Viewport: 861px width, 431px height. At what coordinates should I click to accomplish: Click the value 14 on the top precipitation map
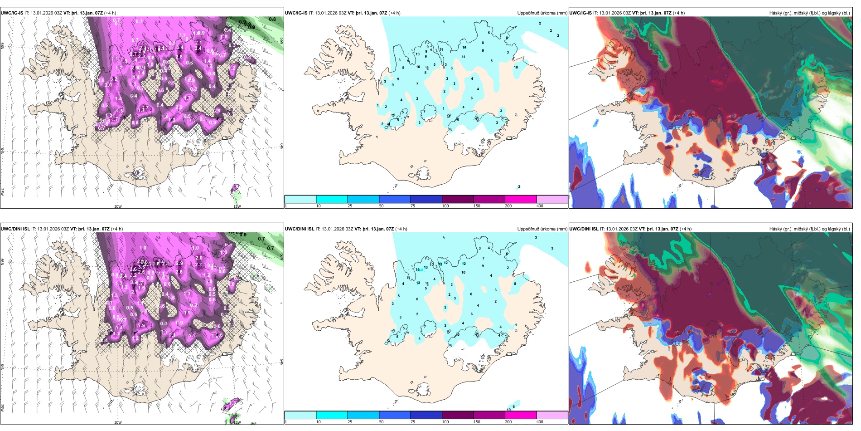pos(464,47)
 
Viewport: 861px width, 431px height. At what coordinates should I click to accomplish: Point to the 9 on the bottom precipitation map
pos(483,266)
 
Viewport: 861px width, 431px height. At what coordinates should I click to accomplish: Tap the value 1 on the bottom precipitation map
pos(516,325)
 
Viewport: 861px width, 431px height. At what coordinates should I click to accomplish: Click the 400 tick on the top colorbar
pos(540,206)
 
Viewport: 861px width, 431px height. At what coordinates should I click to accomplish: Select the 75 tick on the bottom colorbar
pos(413,422)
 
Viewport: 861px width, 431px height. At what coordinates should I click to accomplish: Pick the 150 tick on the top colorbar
pos(477,206)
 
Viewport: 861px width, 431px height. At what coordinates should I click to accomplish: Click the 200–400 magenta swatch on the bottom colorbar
pos(521,415)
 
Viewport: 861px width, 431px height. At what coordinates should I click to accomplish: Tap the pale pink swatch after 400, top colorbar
pos(552,199)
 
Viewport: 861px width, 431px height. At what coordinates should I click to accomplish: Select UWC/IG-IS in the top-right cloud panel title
pos(580,13)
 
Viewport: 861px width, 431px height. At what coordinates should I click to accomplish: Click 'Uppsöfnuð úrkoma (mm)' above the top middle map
pos(542,13)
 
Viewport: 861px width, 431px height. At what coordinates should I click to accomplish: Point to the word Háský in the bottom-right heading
pos(776,229)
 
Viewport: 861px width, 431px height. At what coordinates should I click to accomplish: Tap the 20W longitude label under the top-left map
pos(118,206)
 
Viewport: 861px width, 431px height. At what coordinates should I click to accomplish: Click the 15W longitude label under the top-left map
pos(237,206)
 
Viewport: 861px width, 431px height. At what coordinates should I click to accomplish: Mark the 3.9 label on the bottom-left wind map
pos(134,282)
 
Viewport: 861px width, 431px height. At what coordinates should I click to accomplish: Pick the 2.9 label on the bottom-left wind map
pos(179,263)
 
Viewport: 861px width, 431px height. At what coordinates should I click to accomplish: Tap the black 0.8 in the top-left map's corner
pos(272,20)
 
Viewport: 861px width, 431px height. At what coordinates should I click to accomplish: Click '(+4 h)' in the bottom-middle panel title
pos(401,229)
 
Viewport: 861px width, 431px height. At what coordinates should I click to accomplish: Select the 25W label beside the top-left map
pos(2,192)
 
